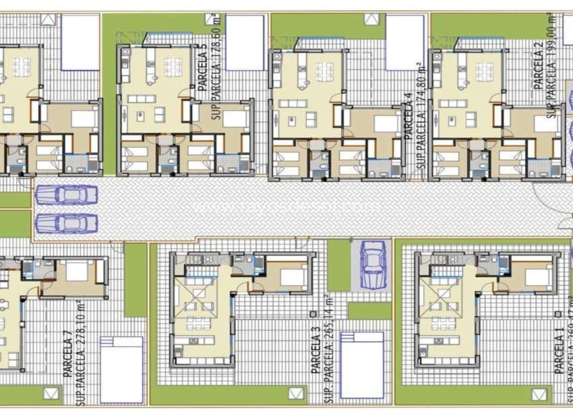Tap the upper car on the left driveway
(66, 195)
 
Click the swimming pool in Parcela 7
(121, 368)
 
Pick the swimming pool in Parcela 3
(361, 369)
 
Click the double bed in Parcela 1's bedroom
(537, 276)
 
